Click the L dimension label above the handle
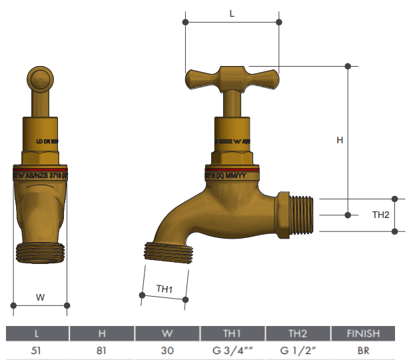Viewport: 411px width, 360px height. coord(232,13)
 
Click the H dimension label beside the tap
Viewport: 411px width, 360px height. coord(340,141)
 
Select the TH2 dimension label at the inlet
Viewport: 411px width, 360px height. coord(380,215)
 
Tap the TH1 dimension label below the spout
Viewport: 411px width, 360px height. coord(165,289)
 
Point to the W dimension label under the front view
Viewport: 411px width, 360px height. coord(40,298)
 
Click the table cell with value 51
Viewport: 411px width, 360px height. coord(37,350)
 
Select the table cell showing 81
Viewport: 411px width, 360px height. coord(102,350)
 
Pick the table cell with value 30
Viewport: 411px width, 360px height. coord(167,350)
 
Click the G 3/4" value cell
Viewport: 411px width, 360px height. coord(232,350)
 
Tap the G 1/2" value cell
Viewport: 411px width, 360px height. coord(297,350)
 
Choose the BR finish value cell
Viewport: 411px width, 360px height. coord(363,350)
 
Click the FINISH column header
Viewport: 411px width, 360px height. coord(363,333)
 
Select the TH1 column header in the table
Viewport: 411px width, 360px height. coord(232,333)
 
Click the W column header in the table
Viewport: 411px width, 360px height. coord(167,333)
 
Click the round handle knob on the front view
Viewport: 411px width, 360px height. coord(40,80)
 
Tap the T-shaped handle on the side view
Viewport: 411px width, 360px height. coord(232,79)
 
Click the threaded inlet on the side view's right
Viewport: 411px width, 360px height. coord(300,215)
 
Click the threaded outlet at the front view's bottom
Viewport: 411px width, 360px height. coord(40,253)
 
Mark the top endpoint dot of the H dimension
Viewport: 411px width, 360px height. coord(348,66)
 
